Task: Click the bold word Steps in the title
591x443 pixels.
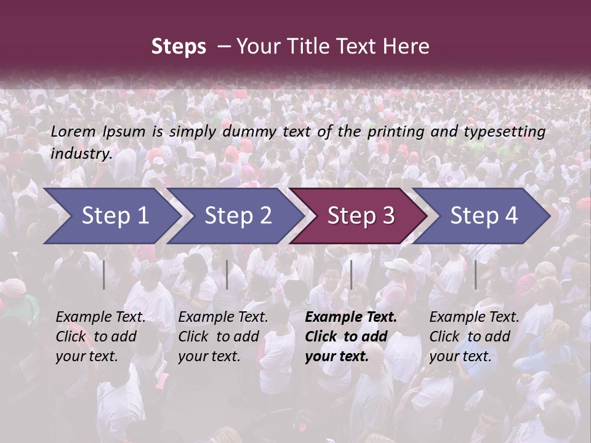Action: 179,47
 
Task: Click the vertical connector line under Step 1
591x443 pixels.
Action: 104,274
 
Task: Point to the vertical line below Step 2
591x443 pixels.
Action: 227,274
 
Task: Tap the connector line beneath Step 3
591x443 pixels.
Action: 351,274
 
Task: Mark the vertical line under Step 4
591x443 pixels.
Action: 475,274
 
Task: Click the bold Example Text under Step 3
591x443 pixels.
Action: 351,317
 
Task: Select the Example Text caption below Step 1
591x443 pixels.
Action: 100,317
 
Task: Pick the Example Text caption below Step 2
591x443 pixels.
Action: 223,317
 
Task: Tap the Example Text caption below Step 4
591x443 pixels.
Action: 474,317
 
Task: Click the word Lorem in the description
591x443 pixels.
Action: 73,131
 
